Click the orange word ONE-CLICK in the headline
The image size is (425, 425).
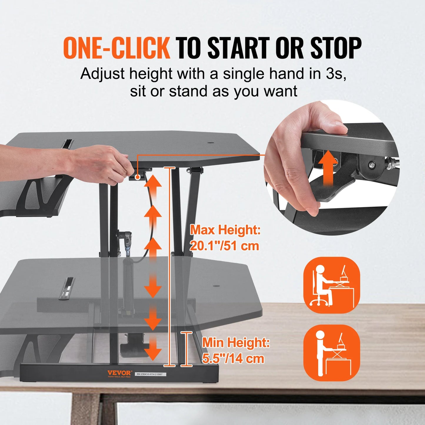tap(116, 48)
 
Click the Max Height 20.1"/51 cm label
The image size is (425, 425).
tap(225, 238)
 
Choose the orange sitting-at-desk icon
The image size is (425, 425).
tap(331, 285)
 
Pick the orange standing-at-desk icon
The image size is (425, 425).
tap(331, 353)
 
